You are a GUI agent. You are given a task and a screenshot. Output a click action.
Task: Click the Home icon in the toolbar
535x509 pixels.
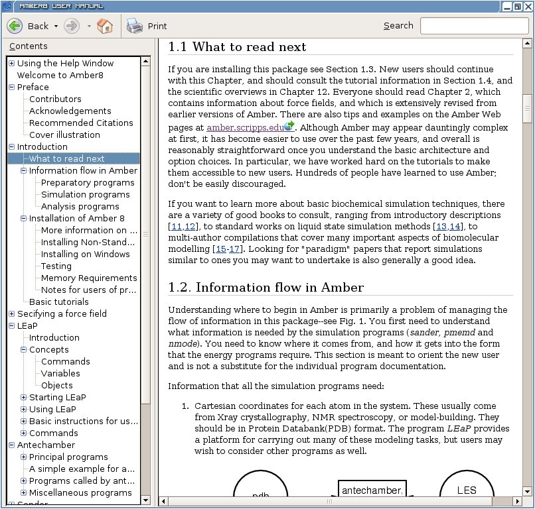[105, 26]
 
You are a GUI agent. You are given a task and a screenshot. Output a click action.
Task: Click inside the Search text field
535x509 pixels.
[473, 26]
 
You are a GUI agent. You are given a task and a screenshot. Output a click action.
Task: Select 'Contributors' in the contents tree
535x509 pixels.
[55, 99]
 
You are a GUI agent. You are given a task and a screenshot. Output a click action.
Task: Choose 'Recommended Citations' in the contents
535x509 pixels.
[81, 123]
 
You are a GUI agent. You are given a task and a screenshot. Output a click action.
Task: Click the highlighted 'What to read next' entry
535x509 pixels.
[66, 158]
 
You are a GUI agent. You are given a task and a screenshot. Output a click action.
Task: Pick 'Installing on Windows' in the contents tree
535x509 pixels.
[85, 254]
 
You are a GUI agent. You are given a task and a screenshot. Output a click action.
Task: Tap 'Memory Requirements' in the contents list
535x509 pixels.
[89, 278]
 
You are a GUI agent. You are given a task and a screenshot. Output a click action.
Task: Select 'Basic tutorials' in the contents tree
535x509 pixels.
[58, 302]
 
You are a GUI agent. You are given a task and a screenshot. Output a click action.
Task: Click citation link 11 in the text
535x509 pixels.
[175, 227]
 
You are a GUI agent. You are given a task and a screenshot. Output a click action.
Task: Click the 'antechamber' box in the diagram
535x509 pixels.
[372, 490]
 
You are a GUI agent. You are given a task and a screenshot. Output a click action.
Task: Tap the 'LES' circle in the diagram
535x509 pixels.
[467, 490]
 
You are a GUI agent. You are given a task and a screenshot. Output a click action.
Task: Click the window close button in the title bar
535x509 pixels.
[527, 6]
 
